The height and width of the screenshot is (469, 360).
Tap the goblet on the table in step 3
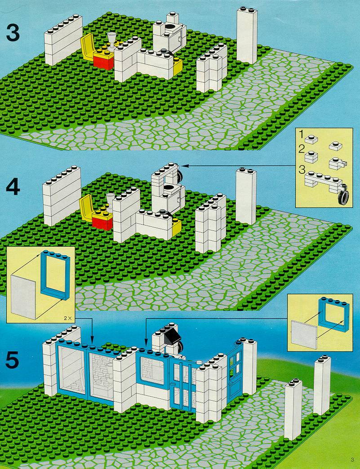click(x=111, y=41)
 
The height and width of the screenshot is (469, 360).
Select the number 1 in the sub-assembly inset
click(x=301, y=135)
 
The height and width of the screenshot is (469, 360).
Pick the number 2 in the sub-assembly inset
click(x=301, y=149)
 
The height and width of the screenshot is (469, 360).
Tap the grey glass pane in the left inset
click(x=23, y=296)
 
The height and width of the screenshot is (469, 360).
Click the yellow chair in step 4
click(x=87, y=208)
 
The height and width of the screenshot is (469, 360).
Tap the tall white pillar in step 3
click(x=247, y=35)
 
